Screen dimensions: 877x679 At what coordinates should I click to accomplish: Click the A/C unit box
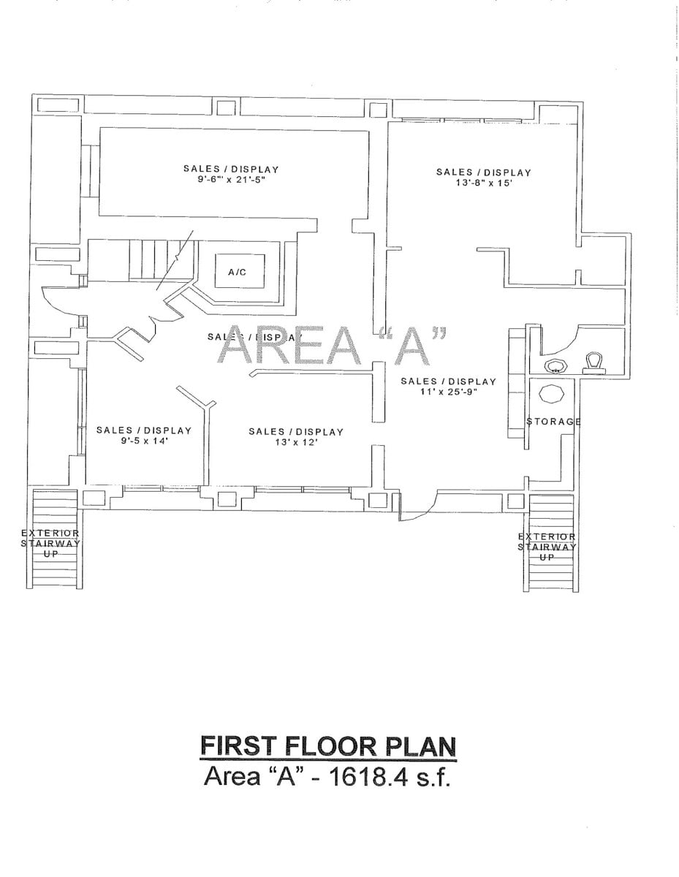236,272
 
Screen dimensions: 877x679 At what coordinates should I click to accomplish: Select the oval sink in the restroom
556,365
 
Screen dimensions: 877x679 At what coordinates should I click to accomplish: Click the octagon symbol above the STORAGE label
551,395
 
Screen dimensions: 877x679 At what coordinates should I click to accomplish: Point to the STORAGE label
553,422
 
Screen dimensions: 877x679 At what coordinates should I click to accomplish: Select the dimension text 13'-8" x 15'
483,183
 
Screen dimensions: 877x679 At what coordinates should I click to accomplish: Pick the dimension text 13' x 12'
295,443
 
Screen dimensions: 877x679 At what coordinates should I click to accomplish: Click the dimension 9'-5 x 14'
144,441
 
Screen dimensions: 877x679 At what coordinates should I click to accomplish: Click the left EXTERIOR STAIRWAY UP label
50,544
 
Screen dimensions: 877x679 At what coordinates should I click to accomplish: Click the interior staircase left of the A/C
153,259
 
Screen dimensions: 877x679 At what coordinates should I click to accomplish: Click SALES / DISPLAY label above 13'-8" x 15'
483,172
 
